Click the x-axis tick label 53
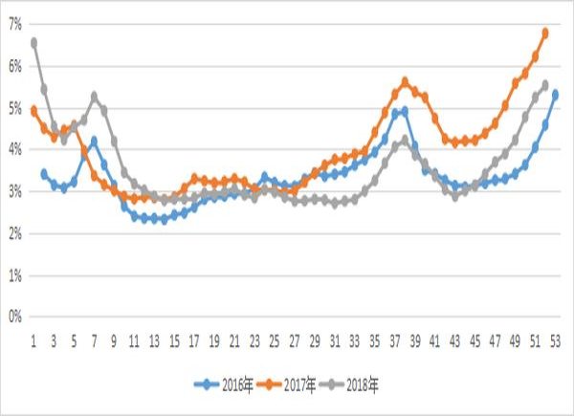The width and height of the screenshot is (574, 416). click(x=556, y=339)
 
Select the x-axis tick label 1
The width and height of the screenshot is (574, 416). click(x=33, y=339)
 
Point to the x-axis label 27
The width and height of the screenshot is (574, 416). click(x=295, y=339)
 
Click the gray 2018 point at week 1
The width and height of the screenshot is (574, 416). click(x=33, y=42)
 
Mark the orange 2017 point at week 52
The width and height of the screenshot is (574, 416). click(x=545, y=33)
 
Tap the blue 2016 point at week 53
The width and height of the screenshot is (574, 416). click(x=556, y=94)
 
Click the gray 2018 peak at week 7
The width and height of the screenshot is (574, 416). click(x=94, y=96)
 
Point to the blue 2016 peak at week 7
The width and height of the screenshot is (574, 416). click(x=94, y=141)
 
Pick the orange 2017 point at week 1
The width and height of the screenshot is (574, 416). click(x=33, y=110)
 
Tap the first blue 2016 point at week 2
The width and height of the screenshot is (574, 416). click(x=44, y=173)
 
